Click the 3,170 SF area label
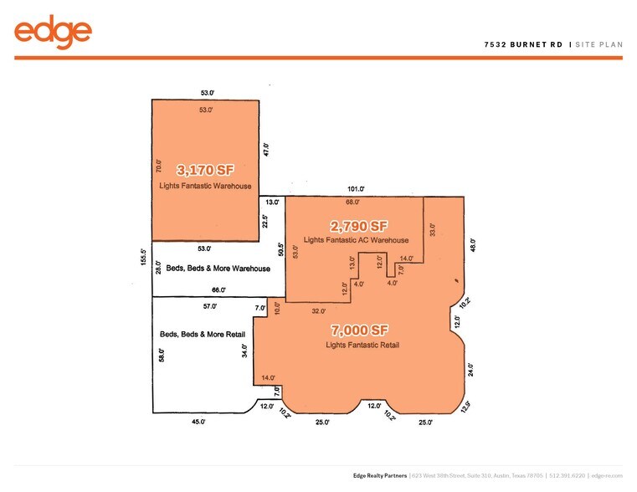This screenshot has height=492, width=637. point(205,168)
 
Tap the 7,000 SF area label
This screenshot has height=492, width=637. point(362,330)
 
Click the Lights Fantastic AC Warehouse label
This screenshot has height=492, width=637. point(356,241)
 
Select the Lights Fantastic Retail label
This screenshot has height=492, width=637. point(362,345)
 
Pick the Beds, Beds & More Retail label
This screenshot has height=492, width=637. point(197,334)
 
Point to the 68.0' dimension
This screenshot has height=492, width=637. point(352,202)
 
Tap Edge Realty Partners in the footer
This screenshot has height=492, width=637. point(382,474)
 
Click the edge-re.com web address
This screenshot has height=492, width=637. point(608,474)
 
